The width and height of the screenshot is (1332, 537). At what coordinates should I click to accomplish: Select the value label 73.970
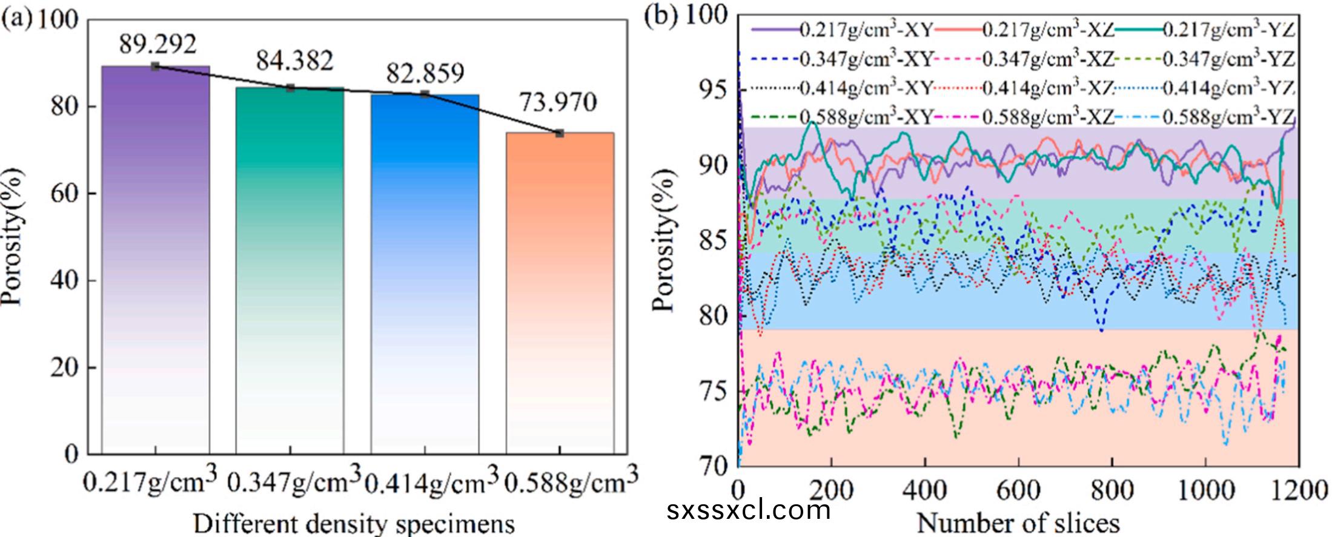pos(557,102)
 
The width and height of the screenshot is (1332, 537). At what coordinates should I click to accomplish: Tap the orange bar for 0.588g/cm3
pos(560,291)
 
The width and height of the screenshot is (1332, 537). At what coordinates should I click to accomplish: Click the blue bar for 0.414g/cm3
pos(424,272)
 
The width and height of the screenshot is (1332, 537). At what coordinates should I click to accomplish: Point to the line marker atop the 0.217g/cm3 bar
pos(155,66)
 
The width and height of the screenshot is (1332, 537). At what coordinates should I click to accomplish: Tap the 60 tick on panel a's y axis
pos(67,194)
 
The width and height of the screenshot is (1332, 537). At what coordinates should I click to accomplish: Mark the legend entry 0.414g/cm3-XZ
pos(1048,88)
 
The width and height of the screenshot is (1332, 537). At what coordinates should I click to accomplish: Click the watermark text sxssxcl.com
pos(749,510)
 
